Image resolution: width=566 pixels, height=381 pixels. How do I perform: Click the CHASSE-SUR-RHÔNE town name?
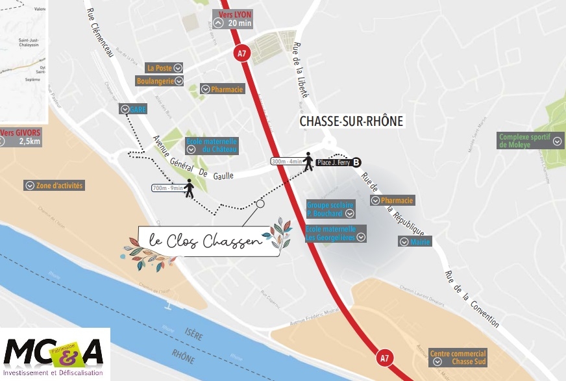351,121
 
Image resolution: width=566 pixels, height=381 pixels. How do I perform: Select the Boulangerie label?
160,81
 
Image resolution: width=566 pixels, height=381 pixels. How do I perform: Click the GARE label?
133,109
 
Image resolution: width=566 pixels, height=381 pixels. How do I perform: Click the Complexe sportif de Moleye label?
530,140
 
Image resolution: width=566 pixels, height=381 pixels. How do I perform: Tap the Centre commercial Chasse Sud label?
458,358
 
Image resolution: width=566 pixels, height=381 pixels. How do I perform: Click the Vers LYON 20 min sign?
232,18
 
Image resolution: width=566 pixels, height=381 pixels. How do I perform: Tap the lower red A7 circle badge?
385,356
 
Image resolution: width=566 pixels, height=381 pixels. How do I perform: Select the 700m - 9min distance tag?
167,189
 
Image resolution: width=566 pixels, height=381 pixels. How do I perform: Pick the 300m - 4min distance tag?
287,161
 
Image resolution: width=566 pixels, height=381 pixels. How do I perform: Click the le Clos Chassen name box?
209,241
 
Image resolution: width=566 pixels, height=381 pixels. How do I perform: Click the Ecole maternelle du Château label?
212,145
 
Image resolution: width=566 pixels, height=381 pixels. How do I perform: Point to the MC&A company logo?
55,354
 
